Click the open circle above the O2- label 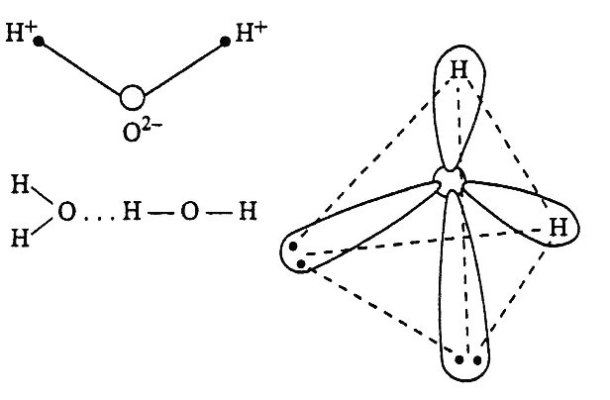[x=133, y=97]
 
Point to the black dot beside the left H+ [x=39, y=43]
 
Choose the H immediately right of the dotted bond [x=131, y=210]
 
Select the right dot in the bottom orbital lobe [x=479, y=360]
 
